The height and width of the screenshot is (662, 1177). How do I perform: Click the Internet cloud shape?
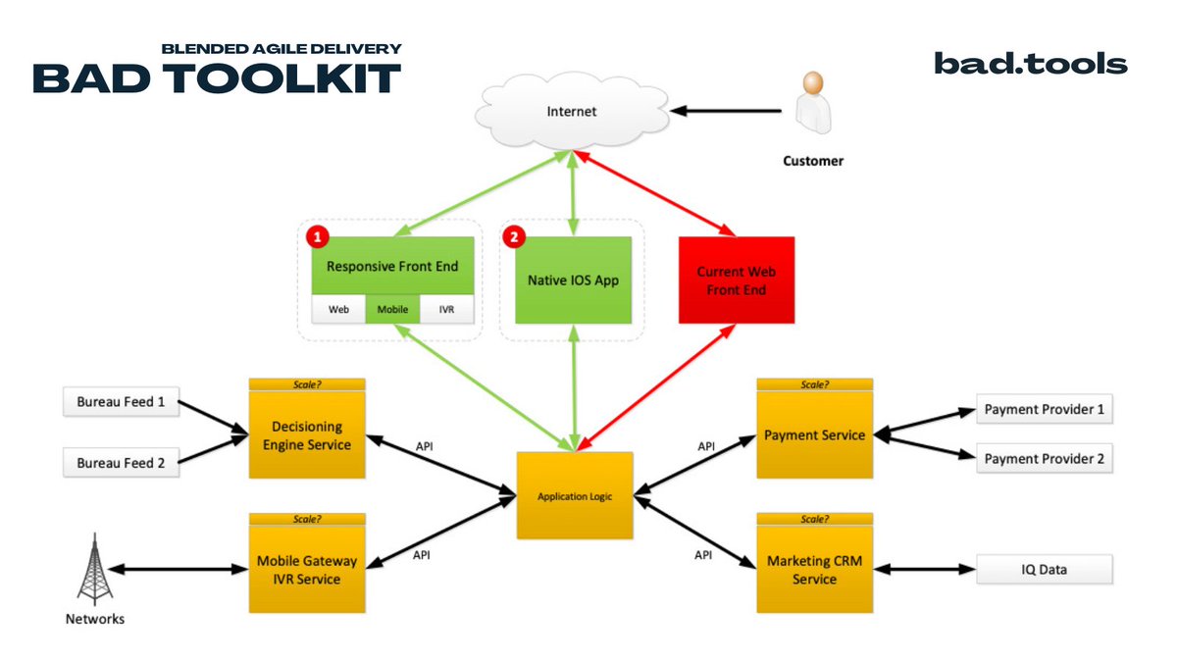click(572, 112)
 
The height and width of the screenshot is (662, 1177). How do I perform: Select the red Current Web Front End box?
click(736, 280)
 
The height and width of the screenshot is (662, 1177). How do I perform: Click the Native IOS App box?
click(573, 280)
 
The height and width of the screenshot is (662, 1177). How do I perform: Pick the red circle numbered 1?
click(316, 236)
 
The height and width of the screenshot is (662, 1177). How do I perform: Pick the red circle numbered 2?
click(512, 236)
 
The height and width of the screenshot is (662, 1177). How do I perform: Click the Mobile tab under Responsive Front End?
click(392, 310)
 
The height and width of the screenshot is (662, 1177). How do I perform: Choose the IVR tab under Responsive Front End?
click(446, 310)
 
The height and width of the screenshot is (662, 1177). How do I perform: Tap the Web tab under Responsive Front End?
click(338, 310)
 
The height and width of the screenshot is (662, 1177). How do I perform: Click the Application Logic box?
click(575, 496)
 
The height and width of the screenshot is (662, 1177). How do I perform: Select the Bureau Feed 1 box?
click(122, 402)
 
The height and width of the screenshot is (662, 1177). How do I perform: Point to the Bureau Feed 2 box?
click(122, 463)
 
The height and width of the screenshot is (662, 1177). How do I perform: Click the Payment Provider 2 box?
click(1044, 459)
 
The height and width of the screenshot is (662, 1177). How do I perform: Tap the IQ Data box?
click(1044, 569)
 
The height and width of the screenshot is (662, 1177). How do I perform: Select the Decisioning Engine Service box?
click(307, 435)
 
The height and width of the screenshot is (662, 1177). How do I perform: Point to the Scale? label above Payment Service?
click(814, 384)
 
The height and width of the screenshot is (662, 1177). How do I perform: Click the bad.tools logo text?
click(1030, 65)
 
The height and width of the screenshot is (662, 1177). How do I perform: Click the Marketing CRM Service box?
click(814, 571)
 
